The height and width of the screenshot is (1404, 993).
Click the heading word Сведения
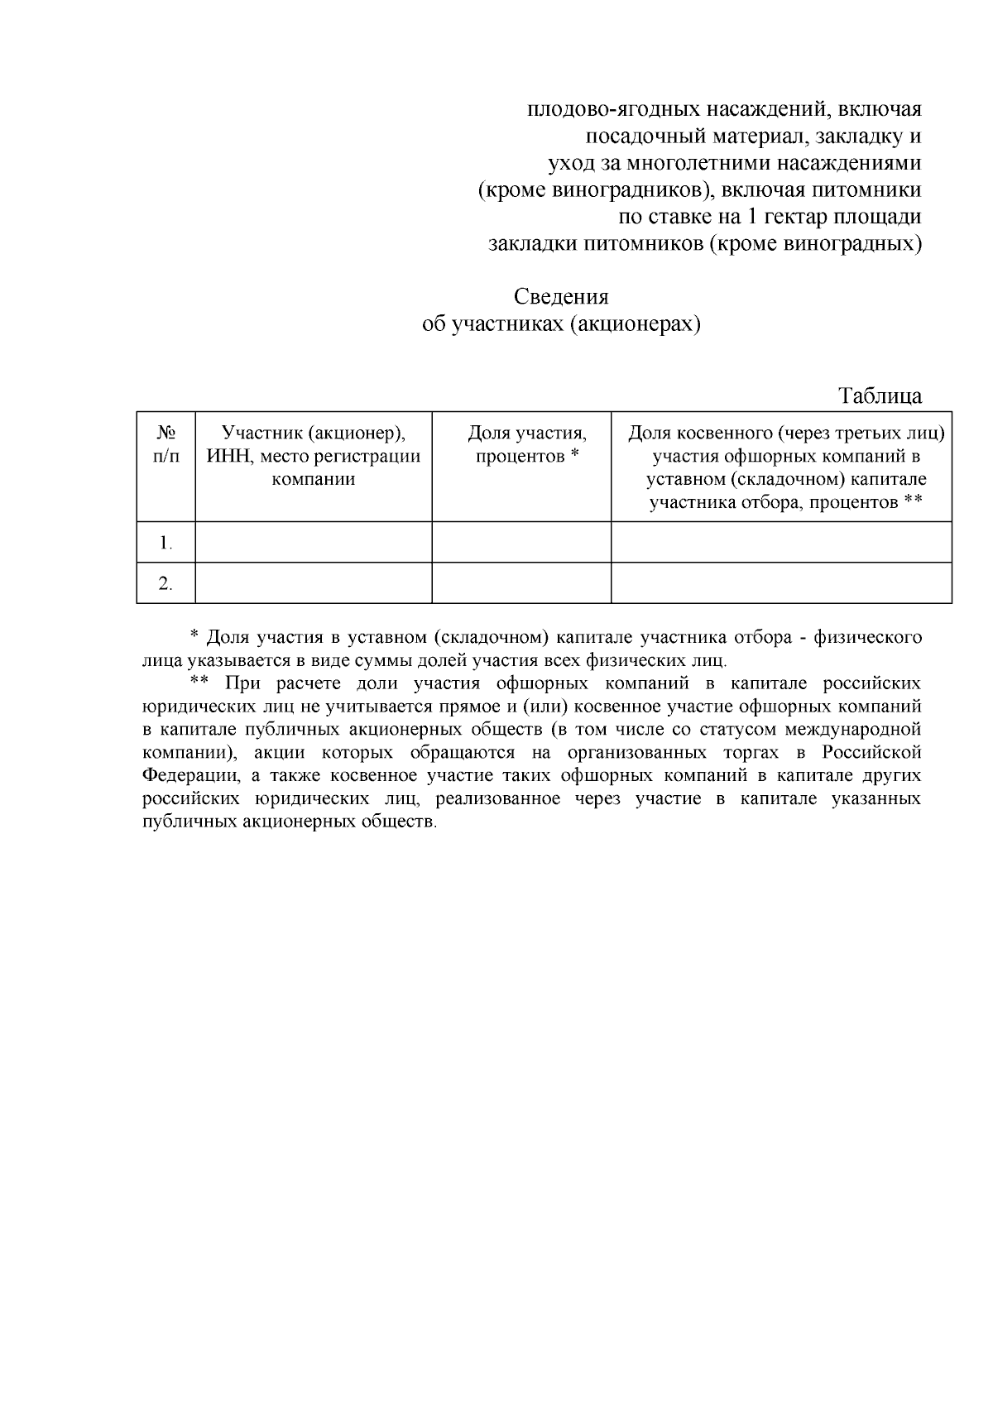(x=561, y=297)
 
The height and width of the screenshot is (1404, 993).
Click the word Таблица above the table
(x=880, y=395)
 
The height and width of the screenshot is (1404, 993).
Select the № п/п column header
(x=165, y=444)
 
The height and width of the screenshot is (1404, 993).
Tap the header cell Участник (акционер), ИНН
(x=313, y=455)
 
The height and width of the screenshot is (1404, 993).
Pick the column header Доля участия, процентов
(x=527, y=444)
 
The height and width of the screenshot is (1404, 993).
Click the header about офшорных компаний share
(x=785, y=467)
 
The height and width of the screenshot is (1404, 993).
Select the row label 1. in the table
(x=165, y=543)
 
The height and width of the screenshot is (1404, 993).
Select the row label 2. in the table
(x=165, y=584)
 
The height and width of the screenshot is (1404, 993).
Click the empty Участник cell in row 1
(x=313, y=543)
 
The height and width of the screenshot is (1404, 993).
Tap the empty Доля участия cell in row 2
(x=521, y=584)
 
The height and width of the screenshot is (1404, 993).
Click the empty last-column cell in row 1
(x=781, y=543)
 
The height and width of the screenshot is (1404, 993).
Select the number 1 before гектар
(x=752, y=218)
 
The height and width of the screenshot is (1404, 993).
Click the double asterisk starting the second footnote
(x=198, y=683)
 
